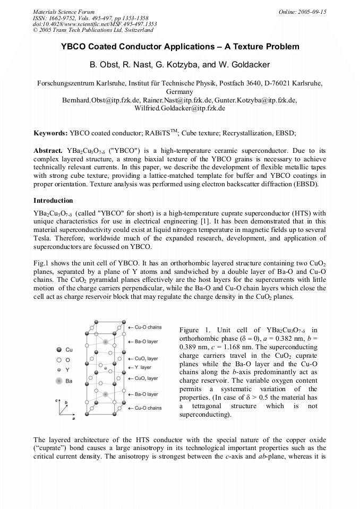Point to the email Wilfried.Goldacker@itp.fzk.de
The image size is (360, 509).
[181, 108]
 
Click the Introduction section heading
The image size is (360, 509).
[53, 201]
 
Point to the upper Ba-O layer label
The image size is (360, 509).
[146, 342]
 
